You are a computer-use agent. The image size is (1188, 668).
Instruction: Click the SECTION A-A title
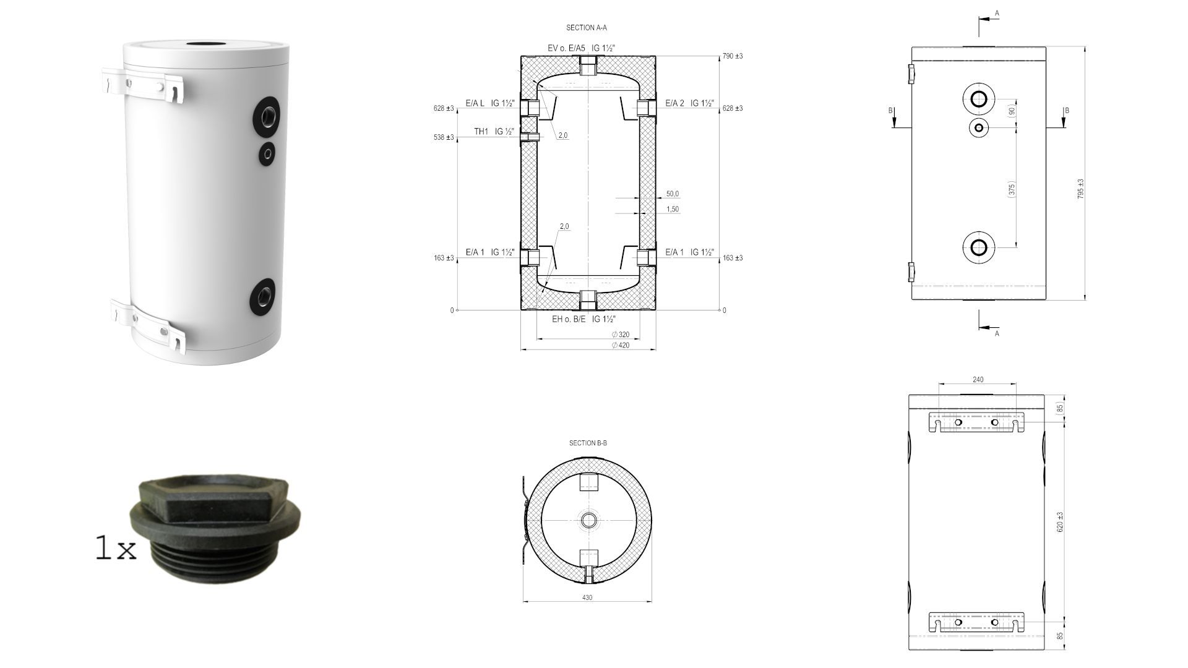pos(586,28)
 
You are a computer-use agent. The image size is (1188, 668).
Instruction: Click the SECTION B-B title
pos(588,443)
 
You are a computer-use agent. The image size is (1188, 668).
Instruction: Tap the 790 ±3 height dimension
pos(733,56)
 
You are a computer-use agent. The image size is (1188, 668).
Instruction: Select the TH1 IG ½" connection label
pos(494,132)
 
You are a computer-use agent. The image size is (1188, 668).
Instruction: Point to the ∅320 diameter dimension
pos(620,335)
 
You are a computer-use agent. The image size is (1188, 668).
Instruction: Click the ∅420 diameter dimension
pos(620,345)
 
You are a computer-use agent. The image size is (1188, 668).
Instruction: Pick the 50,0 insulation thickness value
pos(673,194)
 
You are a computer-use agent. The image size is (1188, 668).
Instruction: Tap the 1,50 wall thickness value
pos(673,210)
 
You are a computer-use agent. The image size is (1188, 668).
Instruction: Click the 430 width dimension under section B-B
pos(587,597)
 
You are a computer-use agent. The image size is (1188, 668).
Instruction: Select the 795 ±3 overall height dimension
pos(1080,189)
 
